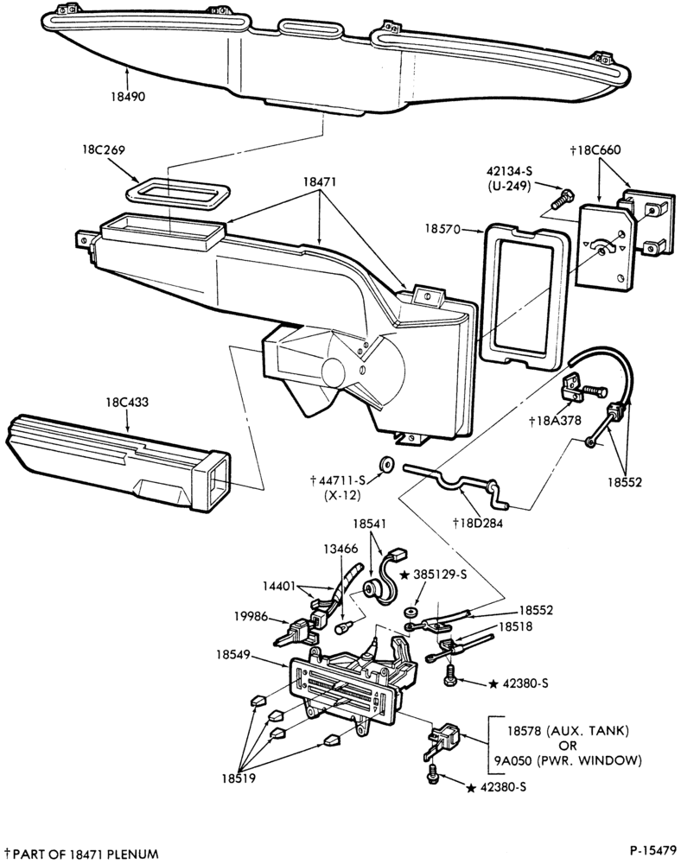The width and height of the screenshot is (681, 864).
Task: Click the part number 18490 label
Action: coord(128,97)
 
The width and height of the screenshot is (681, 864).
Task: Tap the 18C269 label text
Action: coord(104,149)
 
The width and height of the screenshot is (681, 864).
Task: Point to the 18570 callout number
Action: coord(442,228)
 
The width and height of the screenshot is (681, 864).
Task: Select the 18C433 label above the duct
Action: coord(127,403)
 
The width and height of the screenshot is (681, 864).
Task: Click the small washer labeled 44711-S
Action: coord(385,463)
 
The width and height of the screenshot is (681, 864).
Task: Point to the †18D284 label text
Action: coord(478,523)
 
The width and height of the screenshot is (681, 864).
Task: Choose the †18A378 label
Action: coord(555,421)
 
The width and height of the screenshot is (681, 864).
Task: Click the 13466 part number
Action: coord(340,549)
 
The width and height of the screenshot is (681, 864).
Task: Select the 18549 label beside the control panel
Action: coord(233,655)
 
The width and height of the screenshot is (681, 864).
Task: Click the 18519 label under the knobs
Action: coord(239,778)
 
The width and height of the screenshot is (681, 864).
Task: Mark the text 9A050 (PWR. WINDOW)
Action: coord(568,761)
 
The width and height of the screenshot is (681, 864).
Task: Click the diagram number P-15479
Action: coord(652,848)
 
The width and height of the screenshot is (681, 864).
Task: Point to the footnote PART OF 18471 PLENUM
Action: coord(86,854)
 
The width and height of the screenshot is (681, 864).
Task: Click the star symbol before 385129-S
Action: coord(404,575)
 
